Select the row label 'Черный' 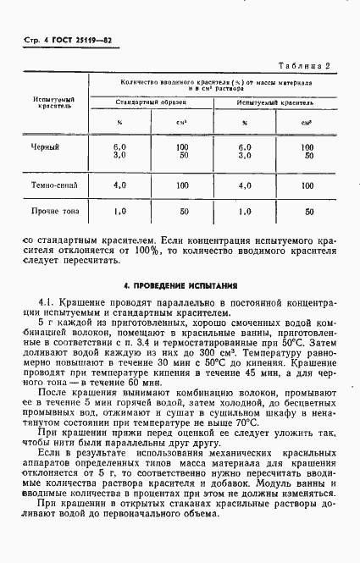45,147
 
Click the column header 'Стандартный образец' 152,102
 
